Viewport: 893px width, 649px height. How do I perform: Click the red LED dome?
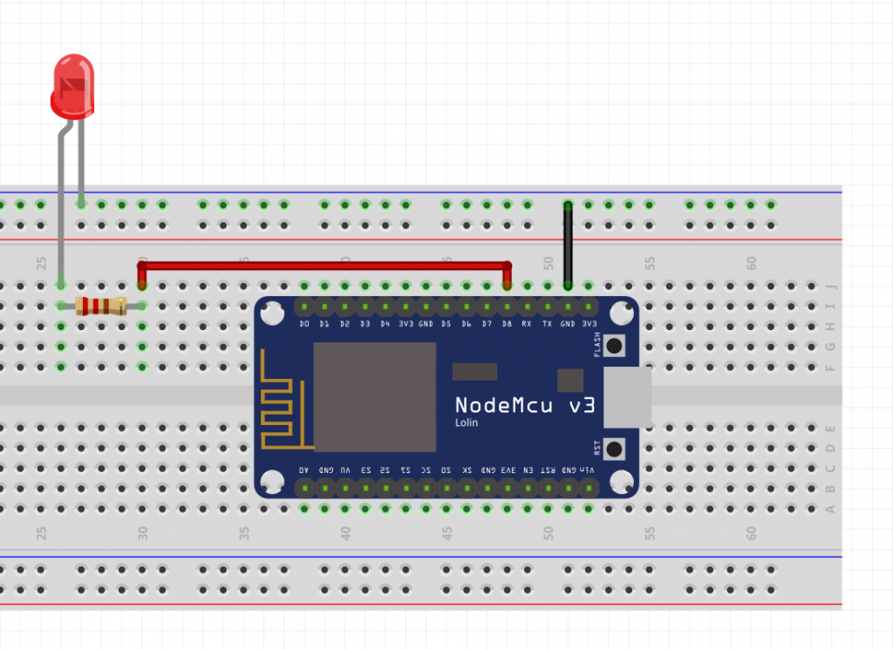point(72,85)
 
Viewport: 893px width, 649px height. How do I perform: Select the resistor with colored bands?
point(100,306)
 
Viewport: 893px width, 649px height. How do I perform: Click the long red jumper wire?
point(324,264)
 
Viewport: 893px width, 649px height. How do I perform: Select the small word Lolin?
point(467,423)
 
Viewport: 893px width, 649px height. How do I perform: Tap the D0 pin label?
point(304,324)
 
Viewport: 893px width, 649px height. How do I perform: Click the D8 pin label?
point(506,324)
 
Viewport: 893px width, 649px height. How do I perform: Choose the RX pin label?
point(527,324)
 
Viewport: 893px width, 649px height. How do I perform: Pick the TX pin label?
point(547,324)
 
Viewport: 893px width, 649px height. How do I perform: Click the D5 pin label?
point(446,324)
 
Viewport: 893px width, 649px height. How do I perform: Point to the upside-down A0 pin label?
point(304,470)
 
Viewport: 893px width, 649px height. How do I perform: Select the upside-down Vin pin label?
point(589,470)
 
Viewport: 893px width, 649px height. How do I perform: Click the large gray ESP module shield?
point(374,396)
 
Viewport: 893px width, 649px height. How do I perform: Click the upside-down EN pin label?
point(527,470)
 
